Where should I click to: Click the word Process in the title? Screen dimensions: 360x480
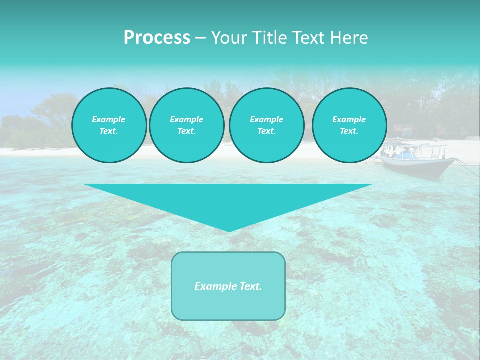[x=157, y=38]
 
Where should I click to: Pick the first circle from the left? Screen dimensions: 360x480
[x=109, y=125]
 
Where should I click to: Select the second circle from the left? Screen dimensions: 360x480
[x=187, y=125]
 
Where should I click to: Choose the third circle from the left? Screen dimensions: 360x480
[x=267, y=125]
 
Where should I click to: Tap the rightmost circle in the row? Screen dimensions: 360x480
[x=349, y=125]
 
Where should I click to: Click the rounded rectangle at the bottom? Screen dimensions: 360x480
[x=228, y=305]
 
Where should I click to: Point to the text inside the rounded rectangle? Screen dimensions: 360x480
[x=228, y=286]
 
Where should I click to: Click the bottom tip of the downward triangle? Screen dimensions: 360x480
[x=229, y=231]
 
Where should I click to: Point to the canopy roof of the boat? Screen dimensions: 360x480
[x=415, y=145]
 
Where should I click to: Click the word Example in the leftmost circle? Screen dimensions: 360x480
[x=109, y=119]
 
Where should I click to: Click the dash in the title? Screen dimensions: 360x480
[x=200, y=38]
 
